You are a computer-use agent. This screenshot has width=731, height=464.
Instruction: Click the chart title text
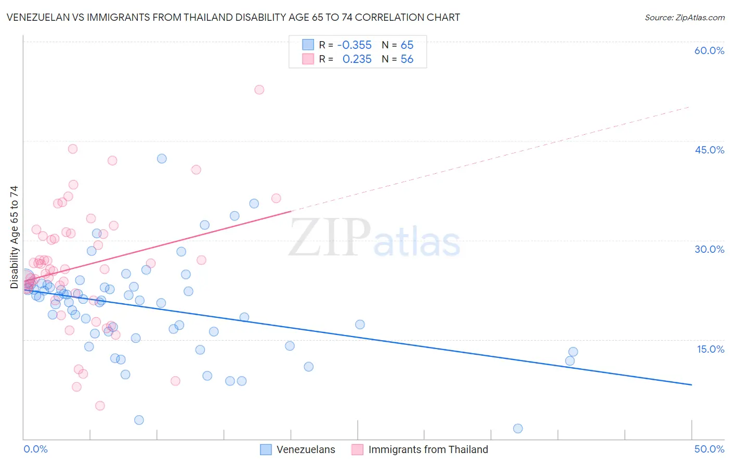click(233, 18)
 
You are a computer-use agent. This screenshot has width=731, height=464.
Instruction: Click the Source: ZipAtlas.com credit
click(684, 18)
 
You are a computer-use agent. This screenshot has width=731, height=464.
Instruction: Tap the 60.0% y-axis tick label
click(709, 50)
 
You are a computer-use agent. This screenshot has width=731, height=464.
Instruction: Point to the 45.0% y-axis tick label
click(709, 150)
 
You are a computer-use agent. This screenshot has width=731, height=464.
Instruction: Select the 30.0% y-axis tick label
click(709, 249)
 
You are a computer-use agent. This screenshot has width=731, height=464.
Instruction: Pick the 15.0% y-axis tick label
click(710, 349)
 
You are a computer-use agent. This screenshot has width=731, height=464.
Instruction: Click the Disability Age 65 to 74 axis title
click(14, 237)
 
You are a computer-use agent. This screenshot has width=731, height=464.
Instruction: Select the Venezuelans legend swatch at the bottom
click(266, 449)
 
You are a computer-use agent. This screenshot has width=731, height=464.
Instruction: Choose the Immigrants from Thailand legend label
click(428, 449)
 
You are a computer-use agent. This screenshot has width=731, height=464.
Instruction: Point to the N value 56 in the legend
click(407, 59)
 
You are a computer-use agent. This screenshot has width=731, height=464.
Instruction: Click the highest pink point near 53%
click(259, 89)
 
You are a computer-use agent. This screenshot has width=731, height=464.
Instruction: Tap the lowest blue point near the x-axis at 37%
click(518, 429)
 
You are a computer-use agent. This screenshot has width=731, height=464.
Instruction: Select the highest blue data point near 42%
click(162, 159)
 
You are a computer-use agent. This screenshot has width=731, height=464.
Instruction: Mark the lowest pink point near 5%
click(100, 406)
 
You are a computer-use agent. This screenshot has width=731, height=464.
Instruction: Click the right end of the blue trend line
click(691, 384)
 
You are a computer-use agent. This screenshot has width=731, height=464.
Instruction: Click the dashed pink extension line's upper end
click(690, 107)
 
